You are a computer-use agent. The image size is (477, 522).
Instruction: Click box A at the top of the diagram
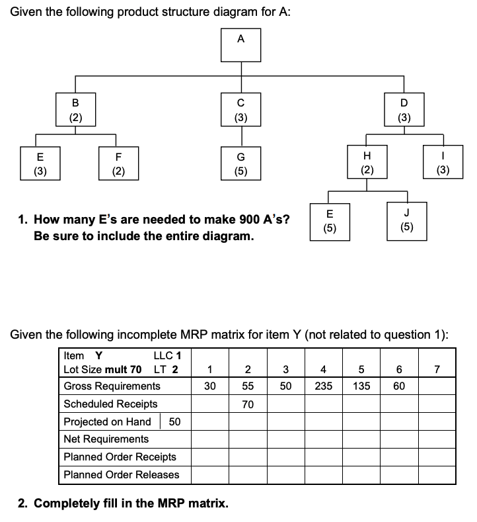pyautogui.click(x=240, y=44)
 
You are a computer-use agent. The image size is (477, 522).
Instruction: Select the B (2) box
pyautogui.click(x=75, y=110)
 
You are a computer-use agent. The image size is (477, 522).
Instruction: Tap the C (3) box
pyautogui.click(x=240, y=110)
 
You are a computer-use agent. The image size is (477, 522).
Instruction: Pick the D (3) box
pyautogui.click(x=404, y=110)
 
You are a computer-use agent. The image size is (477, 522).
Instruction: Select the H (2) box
pyautogui.click(x=367, y=163)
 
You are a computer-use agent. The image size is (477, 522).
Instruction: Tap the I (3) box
pyautogui.click(x=443, y=163)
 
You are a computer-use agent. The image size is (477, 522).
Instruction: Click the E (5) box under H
pyautogui.click(x=330, y=220)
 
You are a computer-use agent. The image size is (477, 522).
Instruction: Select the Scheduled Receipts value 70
pyautogui.click(x=247, y=404)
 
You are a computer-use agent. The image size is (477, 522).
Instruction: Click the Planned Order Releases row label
pyautogui.click(x=121, y=474)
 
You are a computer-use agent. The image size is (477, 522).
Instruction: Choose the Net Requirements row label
pyautogui.click(x=106, y=439)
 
